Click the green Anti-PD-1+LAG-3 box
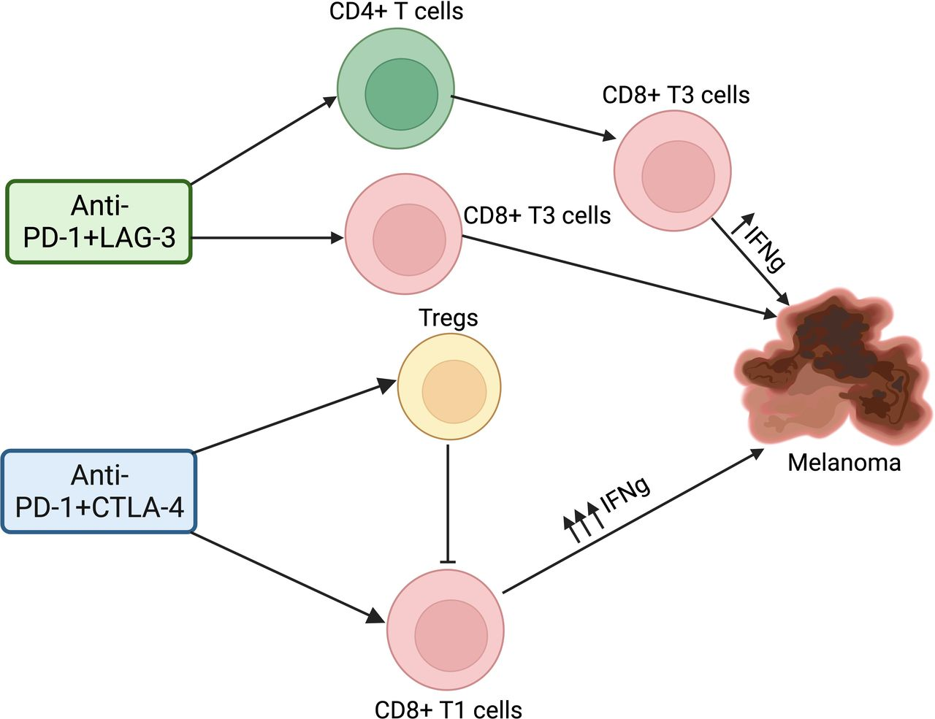point(99,221)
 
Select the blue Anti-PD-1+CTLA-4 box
point(99,491)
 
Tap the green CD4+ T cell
point(396,89)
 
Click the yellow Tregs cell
point(449,387)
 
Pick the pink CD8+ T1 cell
point(445,629)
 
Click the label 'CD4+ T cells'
point(396,12)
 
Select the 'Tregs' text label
point(449,318)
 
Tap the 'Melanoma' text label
point(844,462)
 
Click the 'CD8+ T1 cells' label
point(448,709)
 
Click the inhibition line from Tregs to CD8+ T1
point(448,504)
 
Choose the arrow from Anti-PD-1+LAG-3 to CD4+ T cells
point(263,139)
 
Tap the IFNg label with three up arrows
point(606,507)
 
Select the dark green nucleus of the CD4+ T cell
point(401,95)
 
